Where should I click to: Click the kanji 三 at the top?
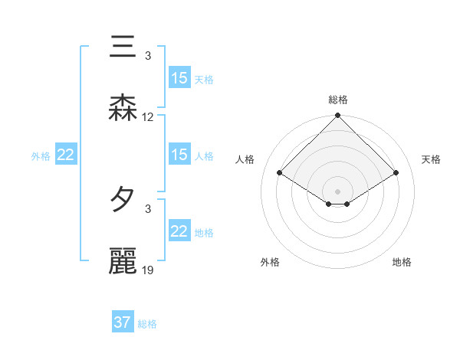(x=123, y=48)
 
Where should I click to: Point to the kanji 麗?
(x=123, y=260)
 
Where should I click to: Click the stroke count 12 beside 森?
(x=148, y=117)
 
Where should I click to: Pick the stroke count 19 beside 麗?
(x=148, y=270)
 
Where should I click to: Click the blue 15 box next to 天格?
(x=179, y=78)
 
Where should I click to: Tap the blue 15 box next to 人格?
(x=179, y=155)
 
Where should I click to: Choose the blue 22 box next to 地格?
(x=179, y=231)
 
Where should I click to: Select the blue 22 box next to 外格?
(x=65, y=155)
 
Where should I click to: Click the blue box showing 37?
(x=123, y=322)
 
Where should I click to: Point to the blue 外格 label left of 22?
(x=41, y=156)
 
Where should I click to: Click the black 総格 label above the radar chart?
(x=338, y=100)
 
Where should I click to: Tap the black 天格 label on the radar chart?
(x=432, y=159)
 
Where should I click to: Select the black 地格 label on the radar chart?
(x=402, y=263)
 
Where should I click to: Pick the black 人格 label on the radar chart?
(x=245, y=159)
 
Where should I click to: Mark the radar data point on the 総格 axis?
(x=338, y=116)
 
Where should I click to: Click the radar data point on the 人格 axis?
(x=280, y=173)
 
